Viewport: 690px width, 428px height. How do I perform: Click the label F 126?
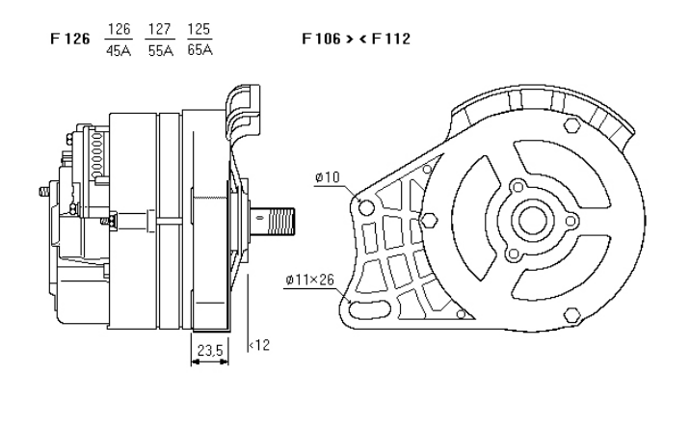click(65, 41)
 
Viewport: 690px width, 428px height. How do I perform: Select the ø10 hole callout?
click(327, 177)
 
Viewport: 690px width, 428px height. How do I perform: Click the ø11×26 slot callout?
click(309, 281)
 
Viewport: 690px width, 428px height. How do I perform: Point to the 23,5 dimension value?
click(209, 351)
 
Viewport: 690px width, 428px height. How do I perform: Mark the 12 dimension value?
click(259, 345)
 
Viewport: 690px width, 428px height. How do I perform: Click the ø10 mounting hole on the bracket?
click(364, 206)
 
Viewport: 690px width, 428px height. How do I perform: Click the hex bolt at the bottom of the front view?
click(572, 313)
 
